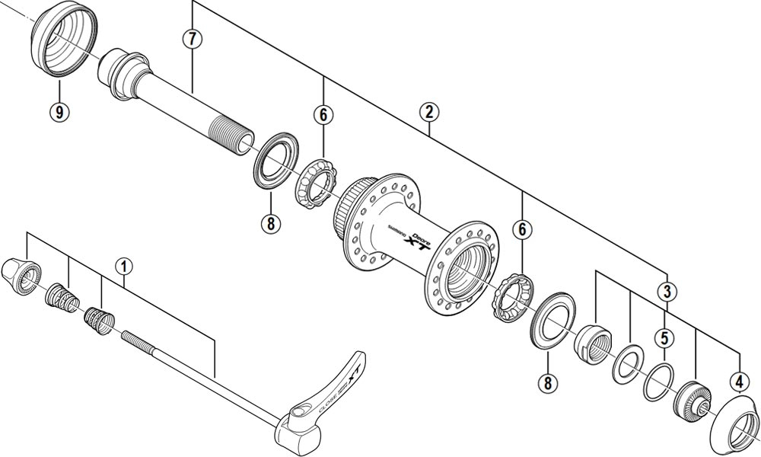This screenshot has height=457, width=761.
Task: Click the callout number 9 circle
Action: (x=59, y=112)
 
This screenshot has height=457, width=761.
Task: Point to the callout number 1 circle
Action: (x=124, y=267)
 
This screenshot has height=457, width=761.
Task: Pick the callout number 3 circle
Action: (x=667, y=291)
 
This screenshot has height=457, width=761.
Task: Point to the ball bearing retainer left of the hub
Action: (x=314, y=187)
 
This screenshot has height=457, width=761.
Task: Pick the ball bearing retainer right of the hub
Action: (x=512, y=302)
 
